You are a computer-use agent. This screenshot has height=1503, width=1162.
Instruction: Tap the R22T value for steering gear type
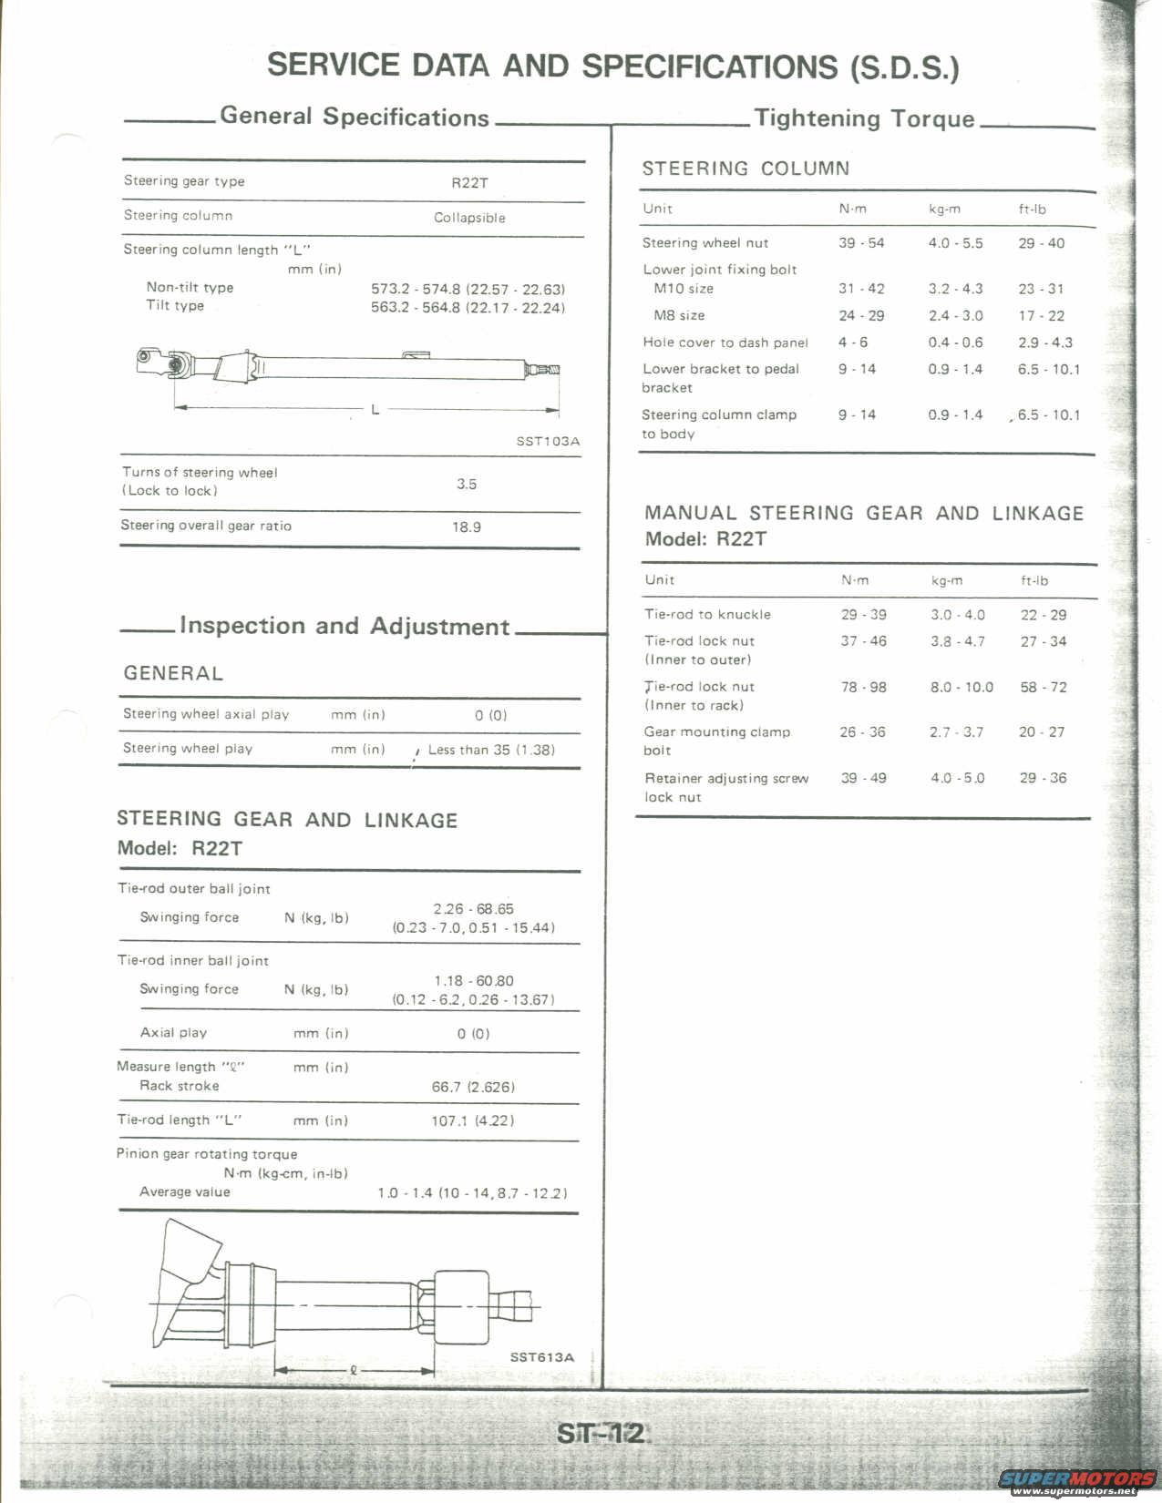click(469, 182)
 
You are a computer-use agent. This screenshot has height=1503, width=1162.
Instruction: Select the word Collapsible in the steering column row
click(469, 218)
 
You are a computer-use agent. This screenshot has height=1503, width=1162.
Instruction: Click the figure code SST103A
click(548, 441)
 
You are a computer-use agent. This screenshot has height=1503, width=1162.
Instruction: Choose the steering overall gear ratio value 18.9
click(467, 527)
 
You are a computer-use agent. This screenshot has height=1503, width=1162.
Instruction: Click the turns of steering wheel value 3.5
click(467, 484)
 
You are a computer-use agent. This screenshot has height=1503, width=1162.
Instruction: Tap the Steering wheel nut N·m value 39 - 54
click(861, 243)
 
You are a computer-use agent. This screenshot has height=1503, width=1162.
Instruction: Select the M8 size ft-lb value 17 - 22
click(1042, 316)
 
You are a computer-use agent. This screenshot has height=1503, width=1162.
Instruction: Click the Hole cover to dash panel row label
click(725, 343)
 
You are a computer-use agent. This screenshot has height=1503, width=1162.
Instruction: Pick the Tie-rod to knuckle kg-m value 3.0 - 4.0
click(957, 615)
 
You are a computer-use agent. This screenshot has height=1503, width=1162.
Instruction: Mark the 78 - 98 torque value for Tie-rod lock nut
click(863, 687)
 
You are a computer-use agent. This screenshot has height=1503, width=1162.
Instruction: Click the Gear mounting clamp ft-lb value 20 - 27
click(1043, 732)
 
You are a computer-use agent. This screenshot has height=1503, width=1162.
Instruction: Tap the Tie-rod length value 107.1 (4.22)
click(472, 1120)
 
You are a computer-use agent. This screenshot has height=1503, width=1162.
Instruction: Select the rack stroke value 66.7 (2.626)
click(473, 1087)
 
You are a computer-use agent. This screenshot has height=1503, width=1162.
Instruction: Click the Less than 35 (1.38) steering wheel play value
click(491, 750)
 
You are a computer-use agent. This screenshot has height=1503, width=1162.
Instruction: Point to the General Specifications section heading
click(355, 117)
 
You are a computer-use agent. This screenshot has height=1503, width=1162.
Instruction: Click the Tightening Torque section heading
click(864, 118)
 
